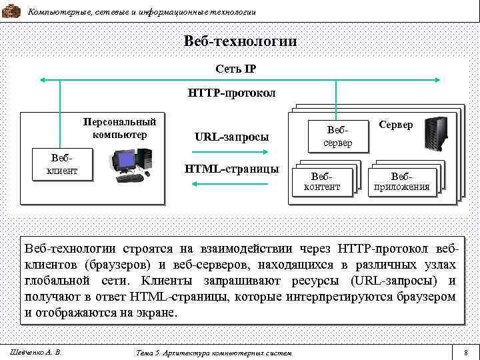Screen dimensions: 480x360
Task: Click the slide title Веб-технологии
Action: [240, 41]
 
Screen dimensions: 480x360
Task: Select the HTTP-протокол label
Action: [231, 92]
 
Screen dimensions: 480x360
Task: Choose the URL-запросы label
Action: [231, 137]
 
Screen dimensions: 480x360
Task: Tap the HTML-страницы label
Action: [231, 169]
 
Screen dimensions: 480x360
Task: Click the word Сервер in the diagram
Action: [396, 125]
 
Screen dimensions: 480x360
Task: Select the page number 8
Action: [466, 351]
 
